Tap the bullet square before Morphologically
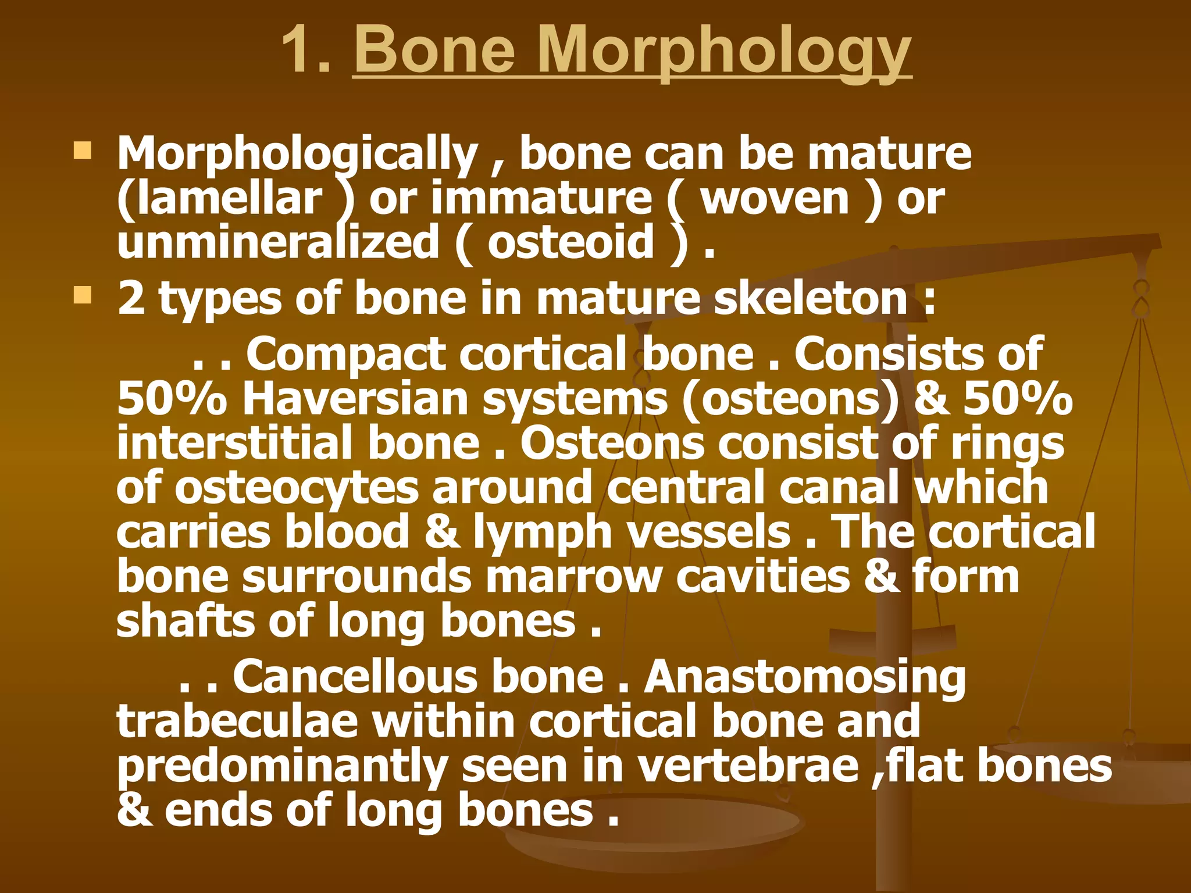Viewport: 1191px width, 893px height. (83, 152)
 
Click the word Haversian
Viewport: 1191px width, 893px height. (355, 399)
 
